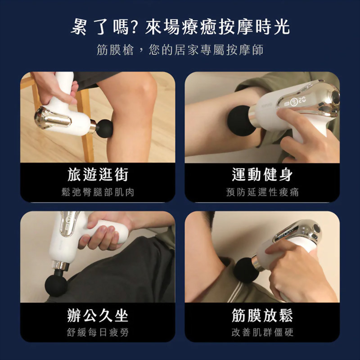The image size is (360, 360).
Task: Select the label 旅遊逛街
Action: [98, 174]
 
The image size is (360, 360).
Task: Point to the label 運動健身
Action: [262, 174]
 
